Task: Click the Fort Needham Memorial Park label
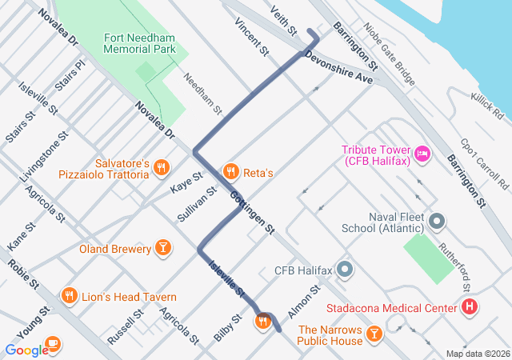coord(139,43)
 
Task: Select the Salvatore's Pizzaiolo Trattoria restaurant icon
coord(162,167)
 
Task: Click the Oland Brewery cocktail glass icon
coord(163,248)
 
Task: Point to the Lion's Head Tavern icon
coord(70,296)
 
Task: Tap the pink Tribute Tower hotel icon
coord(422,152)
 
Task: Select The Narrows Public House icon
coord(374,333)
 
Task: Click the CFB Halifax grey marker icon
coord(345,269)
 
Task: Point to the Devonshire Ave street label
coord(338,68)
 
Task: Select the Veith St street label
coord(284,22)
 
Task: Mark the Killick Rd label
coord(487,106)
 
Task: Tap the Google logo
coord(26,350)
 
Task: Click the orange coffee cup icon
coord(54,343)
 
